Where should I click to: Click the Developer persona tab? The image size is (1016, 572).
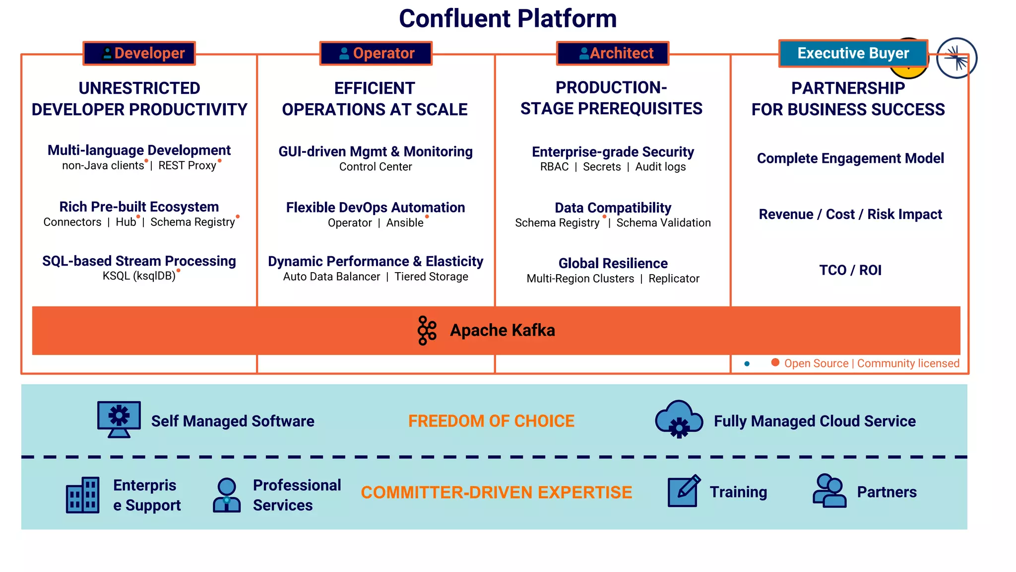pos(139,53)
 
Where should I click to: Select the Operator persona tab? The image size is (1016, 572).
pos(376,53)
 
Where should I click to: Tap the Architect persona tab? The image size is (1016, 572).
pos(613,53)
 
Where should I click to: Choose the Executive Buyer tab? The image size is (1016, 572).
pos(853,53)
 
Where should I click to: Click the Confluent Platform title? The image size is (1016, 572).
pos(508,19)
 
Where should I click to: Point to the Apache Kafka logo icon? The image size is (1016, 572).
pos(427,330)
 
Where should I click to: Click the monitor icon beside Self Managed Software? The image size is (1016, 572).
pos(119,419)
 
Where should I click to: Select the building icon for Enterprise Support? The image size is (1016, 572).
pos(83,495)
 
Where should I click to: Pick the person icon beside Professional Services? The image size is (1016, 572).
pos(227,495)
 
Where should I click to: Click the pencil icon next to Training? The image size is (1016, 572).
pos(684,491)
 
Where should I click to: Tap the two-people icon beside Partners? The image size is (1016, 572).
pos(829,491)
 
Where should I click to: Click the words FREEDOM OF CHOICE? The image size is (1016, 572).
pos(491,421)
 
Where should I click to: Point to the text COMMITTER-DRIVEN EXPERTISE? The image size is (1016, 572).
pos(496,493)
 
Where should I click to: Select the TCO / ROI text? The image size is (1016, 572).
pos(850,270)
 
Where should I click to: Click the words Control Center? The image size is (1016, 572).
pos(376,167)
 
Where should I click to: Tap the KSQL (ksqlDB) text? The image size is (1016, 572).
pos(139,276)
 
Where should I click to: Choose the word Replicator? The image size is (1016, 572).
pos(674,279)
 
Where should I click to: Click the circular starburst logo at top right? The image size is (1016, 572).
pos(956,58)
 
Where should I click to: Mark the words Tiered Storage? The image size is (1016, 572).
pos(431,277)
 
